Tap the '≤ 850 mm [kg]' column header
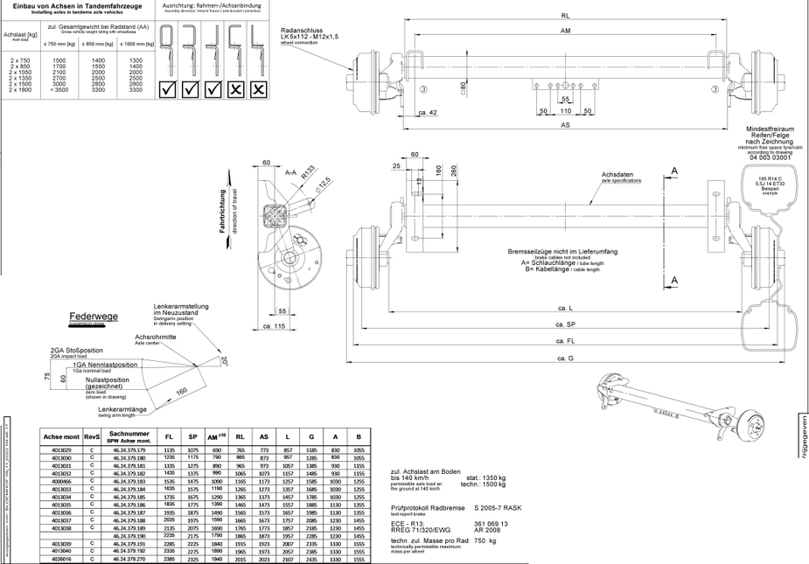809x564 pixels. pyautogui.click(x=97, y=43)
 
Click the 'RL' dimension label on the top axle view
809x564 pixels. pyautogui.click(x=566, y=16)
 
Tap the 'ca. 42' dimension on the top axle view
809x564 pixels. pyautogui.click(x=428, y=113)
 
